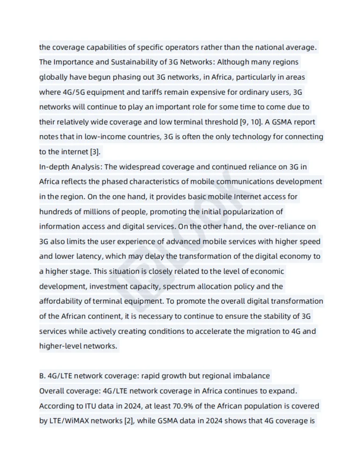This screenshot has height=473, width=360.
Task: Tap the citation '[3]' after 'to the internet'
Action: click(94, 152)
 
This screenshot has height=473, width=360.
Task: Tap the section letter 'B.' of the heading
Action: click(42, 376)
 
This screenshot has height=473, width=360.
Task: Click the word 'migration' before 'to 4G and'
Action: click(253, 331)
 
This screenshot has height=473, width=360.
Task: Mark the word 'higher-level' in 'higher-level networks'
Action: click(60, 346)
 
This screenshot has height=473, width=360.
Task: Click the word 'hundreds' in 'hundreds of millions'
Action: click(55, 211)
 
